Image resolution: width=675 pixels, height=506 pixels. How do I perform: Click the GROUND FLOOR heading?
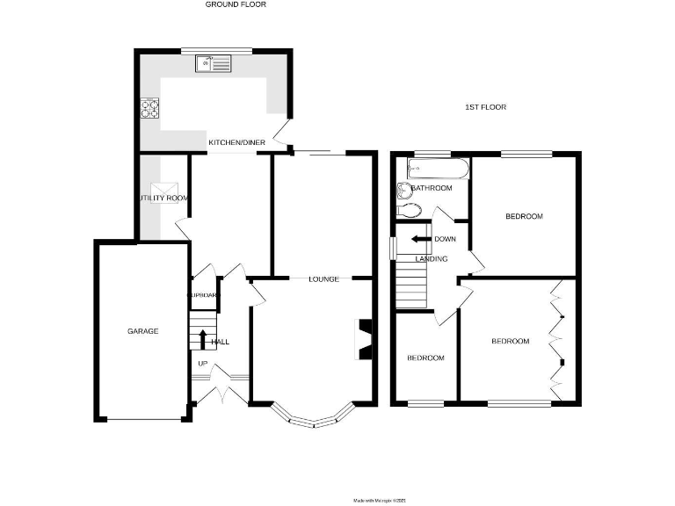pyautogui.click(x=236, y=4)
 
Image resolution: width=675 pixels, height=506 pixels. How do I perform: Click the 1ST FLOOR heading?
pyautogui.click(x=485, y=107)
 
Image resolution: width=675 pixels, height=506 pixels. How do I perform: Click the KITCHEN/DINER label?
pyautogui.click(x=236, y=142)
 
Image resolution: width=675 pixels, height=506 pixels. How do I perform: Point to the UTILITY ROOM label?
pyautogui.click(x=163, y=199)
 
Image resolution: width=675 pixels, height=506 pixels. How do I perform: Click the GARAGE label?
pyautogui.click(x=142, y=331)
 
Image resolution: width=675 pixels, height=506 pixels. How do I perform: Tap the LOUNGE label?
pyautogui.click(x=323, y=279)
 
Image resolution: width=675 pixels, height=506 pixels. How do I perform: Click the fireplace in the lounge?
pyautogui.click(x=363, y=339)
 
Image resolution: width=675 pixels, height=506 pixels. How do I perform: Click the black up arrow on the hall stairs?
pyautogui.click(x=202, y=339)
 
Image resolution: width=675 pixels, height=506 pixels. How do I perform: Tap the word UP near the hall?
pyautogui.click(x=202, y=364)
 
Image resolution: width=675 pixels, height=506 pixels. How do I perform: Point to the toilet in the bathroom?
pyautogui.click(x=410, y=210)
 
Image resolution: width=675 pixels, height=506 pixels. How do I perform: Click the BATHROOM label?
pyautogui.click(x=432, y=188)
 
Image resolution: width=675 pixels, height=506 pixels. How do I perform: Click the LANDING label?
pyautogui.click(x=432, y=259)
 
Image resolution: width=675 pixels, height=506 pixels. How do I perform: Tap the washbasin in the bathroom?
pyautogui.click(x=404, y=189)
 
